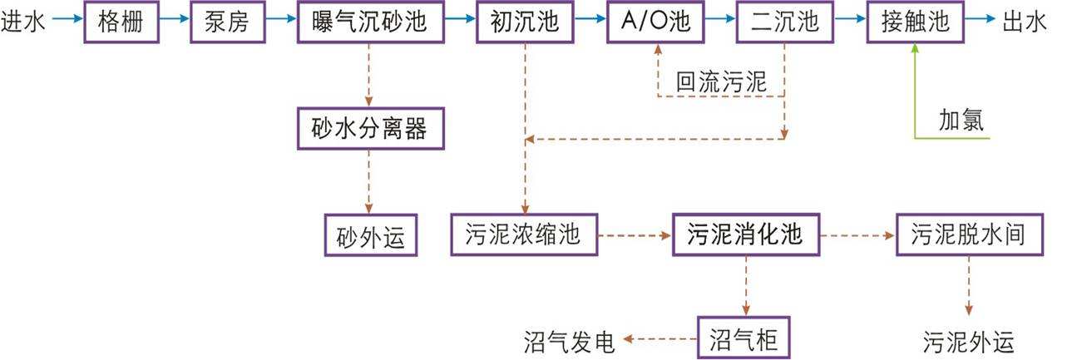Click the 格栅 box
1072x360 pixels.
click(121, 22)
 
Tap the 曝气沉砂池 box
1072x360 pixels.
click(368, 22)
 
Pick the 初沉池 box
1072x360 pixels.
click(525, 22)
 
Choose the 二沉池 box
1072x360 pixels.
click(784, 22)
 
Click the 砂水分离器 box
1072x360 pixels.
click(368, 129)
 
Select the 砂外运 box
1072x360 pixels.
click(369, 235)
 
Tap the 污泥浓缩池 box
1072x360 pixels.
click(525, 235)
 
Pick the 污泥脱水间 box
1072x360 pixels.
click(969, 235)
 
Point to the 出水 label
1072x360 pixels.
click(1025, 22)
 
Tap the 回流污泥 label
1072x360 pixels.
click(720, 82)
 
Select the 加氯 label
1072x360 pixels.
click(961, 121)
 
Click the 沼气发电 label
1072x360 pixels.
click(570, 339)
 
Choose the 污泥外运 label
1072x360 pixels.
click(969, 341)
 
